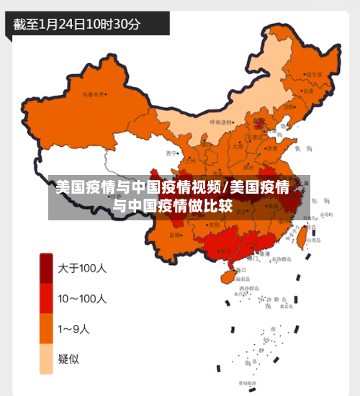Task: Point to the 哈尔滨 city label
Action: tap(314, 74)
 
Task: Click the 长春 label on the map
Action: tap(309, 91)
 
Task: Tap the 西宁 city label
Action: tap(171, 153)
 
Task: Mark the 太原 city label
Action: tap(237, 145)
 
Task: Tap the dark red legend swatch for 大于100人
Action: tap(46, 268)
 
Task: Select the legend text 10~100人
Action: tap(82, 298)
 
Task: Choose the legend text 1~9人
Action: tap(74, 329)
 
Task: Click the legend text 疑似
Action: tap(69, 359)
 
